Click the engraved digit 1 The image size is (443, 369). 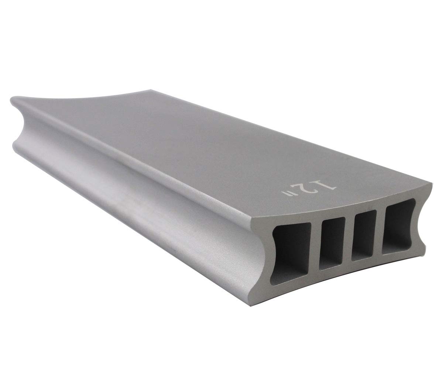click(x=329, y=184)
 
